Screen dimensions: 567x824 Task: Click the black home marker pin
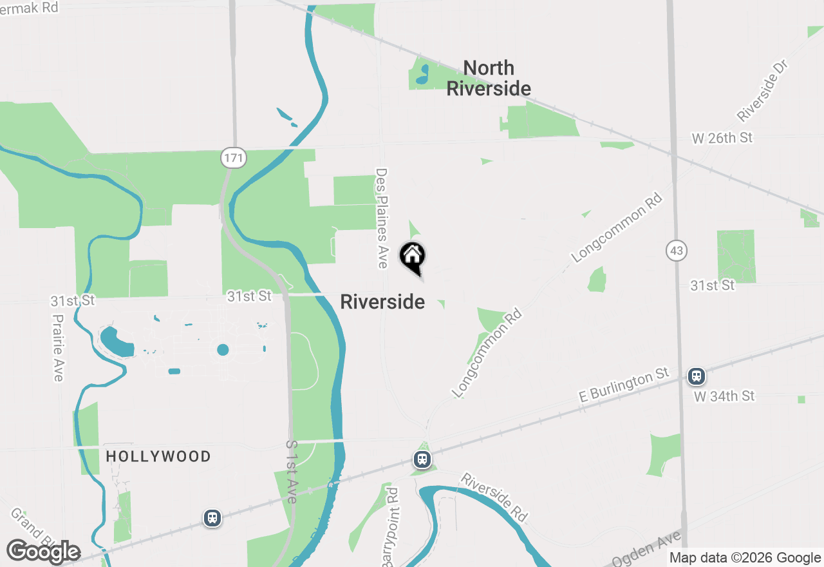coord(413,256)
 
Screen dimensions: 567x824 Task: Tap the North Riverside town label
coord(489,78)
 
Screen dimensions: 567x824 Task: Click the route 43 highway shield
coord(677,251)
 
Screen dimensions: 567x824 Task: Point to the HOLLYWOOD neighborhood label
coord(158,457)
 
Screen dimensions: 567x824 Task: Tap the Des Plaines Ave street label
coord(382,218)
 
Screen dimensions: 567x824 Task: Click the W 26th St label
coord(722,138)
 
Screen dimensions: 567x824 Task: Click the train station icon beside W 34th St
coord(696,376)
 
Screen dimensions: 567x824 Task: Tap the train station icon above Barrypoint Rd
coord(422,459)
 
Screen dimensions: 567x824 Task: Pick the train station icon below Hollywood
coord(212,517)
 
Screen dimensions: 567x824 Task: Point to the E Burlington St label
coord(624,385)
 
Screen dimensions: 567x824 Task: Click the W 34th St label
coord(724,396)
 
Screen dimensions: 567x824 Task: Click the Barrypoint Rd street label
coord(391,527)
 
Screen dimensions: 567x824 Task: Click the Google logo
coord(43,552)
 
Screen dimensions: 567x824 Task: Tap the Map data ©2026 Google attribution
coord(745,558)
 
